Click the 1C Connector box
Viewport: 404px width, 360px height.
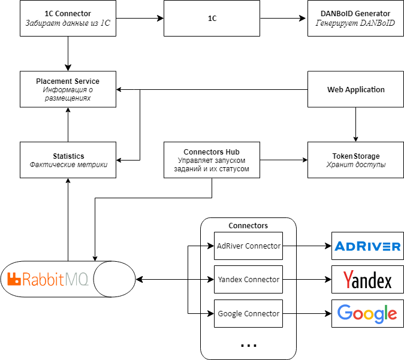tap(68, 19)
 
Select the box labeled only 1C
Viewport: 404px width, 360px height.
tap(212, 19)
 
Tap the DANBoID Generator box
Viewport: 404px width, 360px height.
tap(355, 19)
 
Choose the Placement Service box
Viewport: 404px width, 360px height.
tap(68, 89)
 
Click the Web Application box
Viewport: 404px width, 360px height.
tap(355, 89)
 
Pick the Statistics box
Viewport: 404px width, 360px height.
tap(68, 160)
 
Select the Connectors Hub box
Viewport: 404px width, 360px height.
tap(212, 160)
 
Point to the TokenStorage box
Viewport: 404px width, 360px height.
tap(355, 160)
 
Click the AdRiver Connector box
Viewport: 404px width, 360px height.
tap(248, 246)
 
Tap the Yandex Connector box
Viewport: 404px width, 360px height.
tap(248, 279)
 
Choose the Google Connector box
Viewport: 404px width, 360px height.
tap(248, 313)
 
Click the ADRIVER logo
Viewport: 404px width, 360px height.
tap(367, 246)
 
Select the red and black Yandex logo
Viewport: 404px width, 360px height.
tap(367, 280)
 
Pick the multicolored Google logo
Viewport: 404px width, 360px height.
tap(367, 313)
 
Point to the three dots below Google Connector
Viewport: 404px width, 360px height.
tap(248, 346)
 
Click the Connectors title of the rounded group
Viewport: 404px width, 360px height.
tap(248, 226)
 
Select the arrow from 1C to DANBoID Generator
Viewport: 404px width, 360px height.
tap(284, 19)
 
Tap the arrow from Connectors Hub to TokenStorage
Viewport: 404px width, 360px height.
tap(284, 160)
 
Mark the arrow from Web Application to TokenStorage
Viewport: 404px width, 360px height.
tap(355, 125)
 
